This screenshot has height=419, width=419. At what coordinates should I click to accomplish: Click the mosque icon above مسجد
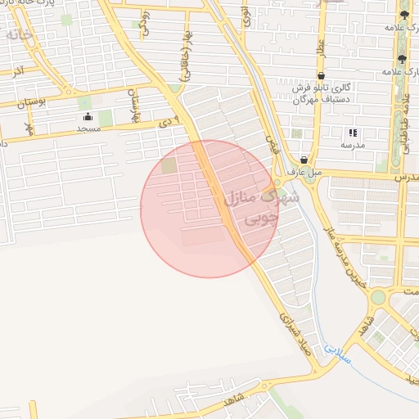click(88, 117)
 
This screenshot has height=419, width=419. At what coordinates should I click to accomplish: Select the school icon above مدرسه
click(353, 133)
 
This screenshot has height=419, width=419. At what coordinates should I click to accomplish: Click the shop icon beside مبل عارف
click(304, 160)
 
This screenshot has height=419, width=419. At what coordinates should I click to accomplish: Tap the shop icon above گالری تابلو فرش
click(320, 76)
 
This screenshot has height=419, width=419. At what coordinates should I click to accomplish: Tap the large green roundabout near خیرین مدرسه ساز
click(378, 297)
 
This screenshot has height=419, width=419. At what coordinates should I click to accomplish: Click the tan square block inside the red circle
click(169, 165)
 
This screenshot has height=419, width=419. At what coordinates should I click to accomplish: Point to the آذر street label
click(17, 71)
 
